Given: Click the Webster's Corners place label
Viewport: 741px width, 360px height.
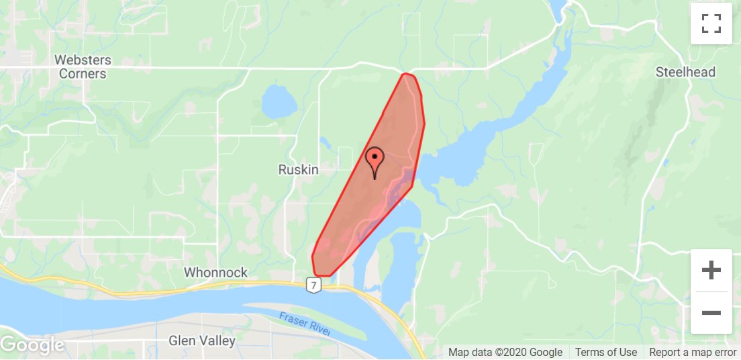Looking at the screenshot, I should point(83,66).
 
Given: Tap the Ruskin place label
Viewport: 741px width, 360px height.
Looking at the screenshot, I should point(298,171).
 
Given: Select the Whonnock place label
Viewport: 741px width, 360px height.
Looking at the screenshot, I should point(216,273).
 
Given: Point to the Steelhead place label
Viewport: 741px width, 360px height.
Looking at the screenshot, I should point(685,72).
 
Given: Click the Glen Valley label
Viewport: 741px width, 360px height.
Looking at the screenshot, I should point(202,341).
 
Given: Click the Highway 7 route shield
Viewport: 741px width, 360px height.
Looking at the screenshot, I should point(313,285).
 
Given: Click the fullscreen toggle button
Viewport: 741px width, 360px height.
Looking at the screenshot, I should point(711,24).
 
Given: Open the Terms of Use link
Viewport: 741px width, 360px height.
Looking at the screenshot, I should point(605,352).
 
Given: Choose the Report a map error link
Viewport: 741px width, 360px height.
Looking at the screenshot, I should point(692,352).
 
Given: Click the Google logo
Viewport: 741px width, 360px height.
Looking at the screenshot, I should point(32,345).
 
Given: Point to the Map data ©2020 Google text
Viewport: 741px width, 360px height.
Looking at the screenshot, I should point(505,352).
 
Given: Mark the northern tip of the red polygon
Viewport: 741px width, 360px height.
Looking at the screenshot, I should point(406,75).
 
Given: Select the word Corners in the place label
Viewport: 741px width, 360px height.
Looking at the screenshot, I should point(83,74).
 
